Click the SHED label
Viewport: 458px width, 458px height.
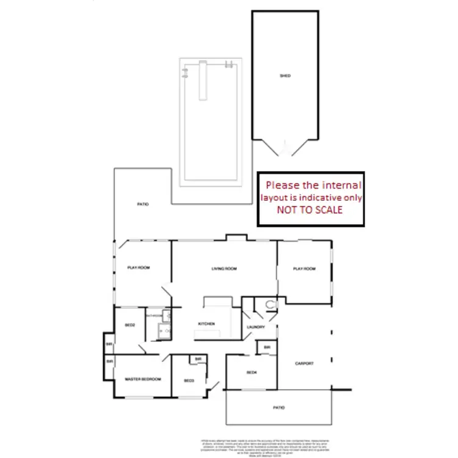click(285, 76)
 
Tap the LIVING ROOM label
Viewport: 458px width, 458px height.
click(224, 269)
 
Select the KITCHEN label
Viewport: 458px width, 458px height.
click(206, 324)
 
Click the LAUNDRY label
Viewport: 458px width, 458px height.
click(255, 327)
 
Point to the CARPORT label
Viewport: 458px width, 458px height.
click(304, 363)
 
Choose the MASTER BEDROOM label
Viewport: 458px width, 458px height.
click(142, 379)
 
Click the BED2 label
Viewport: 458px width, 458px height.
click(129, 325)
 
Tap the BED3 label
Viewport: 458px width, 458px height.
click(189, 382)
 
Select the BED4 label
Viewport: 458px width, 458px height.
click(252, 373)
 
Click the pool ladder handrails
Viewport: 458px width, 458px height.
click(229, 65)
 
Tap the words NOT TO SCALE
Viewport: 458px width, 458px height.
click(310, 209)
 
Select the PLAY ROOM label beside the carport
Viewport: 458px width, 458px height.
click(304, 269)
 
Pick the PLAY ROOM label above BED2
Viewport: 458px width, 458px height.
click(139, 267)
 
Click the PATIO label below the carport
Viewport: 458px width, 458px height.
click(278, 407)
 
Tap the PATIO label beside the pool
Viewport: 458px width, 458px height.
click(142, 205)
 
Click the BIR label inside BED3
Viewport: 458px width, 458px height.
click(199, 359)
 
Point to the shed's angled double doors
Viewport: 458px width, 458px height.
click(285, 148)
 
